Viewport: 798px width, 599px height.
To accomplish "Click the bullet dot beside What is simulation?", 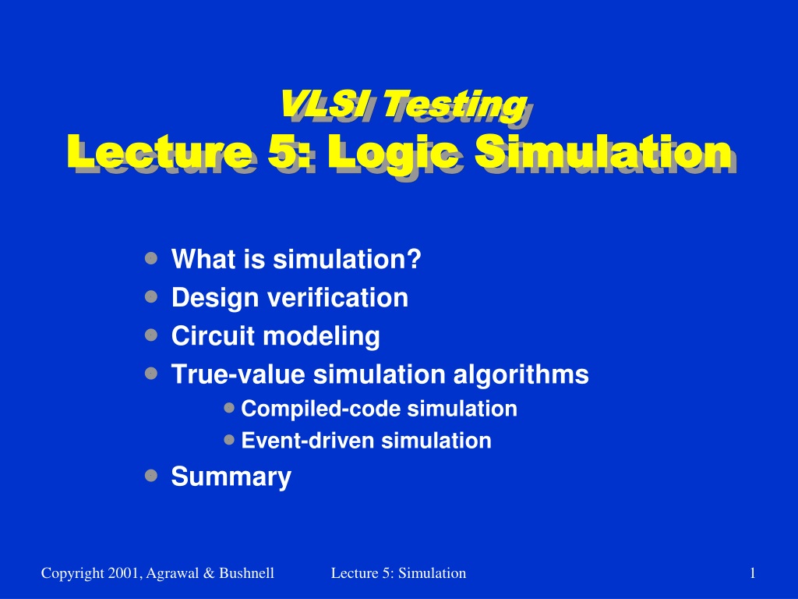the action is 151,258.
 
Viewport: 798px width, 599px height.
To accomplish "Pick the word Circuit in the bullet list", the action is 213,335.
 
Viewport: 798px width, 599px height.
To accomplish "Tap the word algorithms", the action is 521,375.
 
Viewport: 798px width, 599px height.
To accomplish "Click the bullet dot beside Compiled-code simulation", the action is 229,407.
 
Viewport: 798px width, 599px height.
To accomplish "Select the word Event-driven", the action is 307,440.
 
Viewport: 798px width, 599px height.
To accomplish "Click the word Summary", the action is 231,477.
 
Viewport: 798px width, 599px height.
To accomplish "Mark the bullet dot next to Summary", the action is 151,475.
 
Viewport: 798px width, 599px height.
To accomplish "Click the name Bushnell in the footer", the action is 247,573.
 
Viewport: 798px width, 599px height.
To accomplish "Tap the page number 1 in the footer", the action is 752,573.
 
